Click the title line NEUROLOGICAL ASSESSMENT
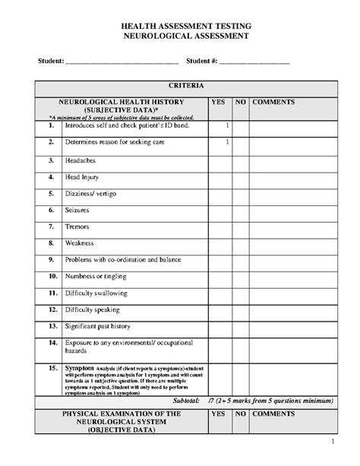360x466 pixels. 180,36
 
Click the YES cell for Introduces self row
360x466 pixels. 219,125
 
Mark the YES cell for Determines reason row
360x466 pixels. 219,142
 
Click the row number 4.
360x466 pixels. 51,176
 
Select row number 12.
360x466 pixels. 52,309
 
